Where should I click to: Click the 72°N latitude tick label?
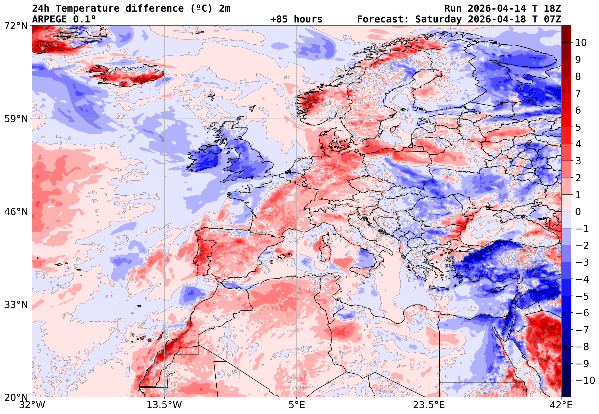point(16,26)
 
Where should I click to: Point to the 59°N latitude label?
point(16,119)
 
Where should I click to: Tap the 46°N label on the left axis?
point(16,212)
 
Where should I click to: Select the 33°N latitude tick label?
point(16,305)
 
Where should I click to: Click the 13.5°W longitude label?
point(164,405)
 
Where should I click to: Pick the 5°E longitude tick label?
point(297,405)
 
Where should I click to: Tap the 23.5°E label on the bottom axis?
point(429,405)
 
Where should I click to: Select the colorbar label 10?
point(581,43)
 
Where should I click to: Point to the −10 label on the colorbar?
point(585,381)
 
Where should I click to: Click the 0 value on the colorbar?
point(578,212)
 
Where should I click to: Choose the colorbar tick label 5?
point(578,127)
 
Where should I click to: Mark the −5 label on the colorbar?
point(582,296)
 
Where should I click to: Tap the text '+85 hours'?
point(296,19)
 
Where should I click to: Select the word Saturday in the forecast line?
point(438,19)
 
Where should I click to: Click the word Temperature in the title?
point(88,9)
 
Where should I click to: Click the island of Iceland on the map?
point(127,75)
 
